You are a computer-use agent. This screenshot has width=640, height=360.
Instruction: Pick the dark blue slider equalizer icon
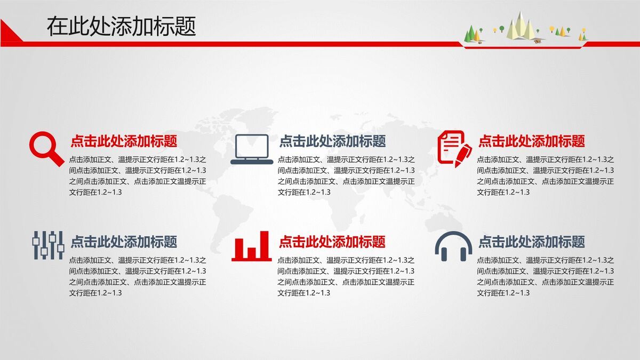(47, 245)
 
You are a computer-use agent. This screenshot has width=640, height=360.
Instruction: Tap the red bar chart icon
(251, 246)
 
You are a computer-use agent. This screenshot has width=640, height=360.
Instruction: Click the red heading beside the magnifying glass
(124, 141)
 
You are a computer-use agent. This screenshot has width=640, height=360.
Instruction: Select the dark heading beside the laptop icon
(332, 141)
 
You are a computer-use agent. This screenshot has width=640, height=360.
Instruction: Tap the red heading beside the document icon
(531, 141)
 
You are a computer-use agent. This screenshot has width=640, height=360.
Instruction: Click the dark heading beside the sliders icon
(124, 242)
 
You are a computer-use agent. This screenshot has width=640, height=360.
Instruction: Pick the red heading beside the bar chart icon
(332, 242)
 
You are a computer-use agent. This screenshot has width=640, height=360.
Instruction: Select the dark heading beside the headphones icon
(531, 242)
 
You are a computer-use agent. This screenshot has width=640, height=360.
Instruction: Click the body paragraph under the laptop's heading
(346, 175)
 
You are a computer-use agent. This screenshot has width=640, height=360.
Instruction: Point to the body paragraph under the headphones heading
(545, 276)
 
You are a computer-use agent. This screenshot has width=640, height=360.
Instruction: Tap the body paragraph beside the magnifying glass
(138, 175)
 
